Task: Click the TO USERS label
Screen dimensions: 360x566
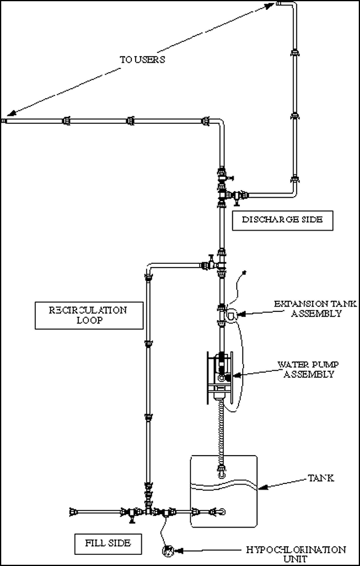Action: [142, 60]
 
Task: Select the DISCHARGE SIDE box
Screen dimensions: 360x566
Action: [282, 221]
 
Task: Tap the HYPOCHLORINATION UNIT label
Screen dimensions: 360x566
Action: [296, 554]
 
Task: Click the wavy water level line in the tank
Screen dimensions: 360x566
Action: [224, 485]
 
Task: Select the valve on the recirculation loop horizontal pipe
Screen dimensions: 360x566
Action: [208, 265]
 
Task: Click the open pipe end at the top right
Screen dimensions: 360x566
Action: [278, 3]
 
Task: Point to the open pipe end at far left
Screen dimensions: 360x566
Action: [4, 120]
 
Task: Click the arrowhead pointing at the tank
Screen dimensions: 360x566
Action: [263, 487]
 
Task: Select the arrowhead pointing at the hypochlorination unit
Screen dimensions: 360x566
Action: [179, 551]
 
